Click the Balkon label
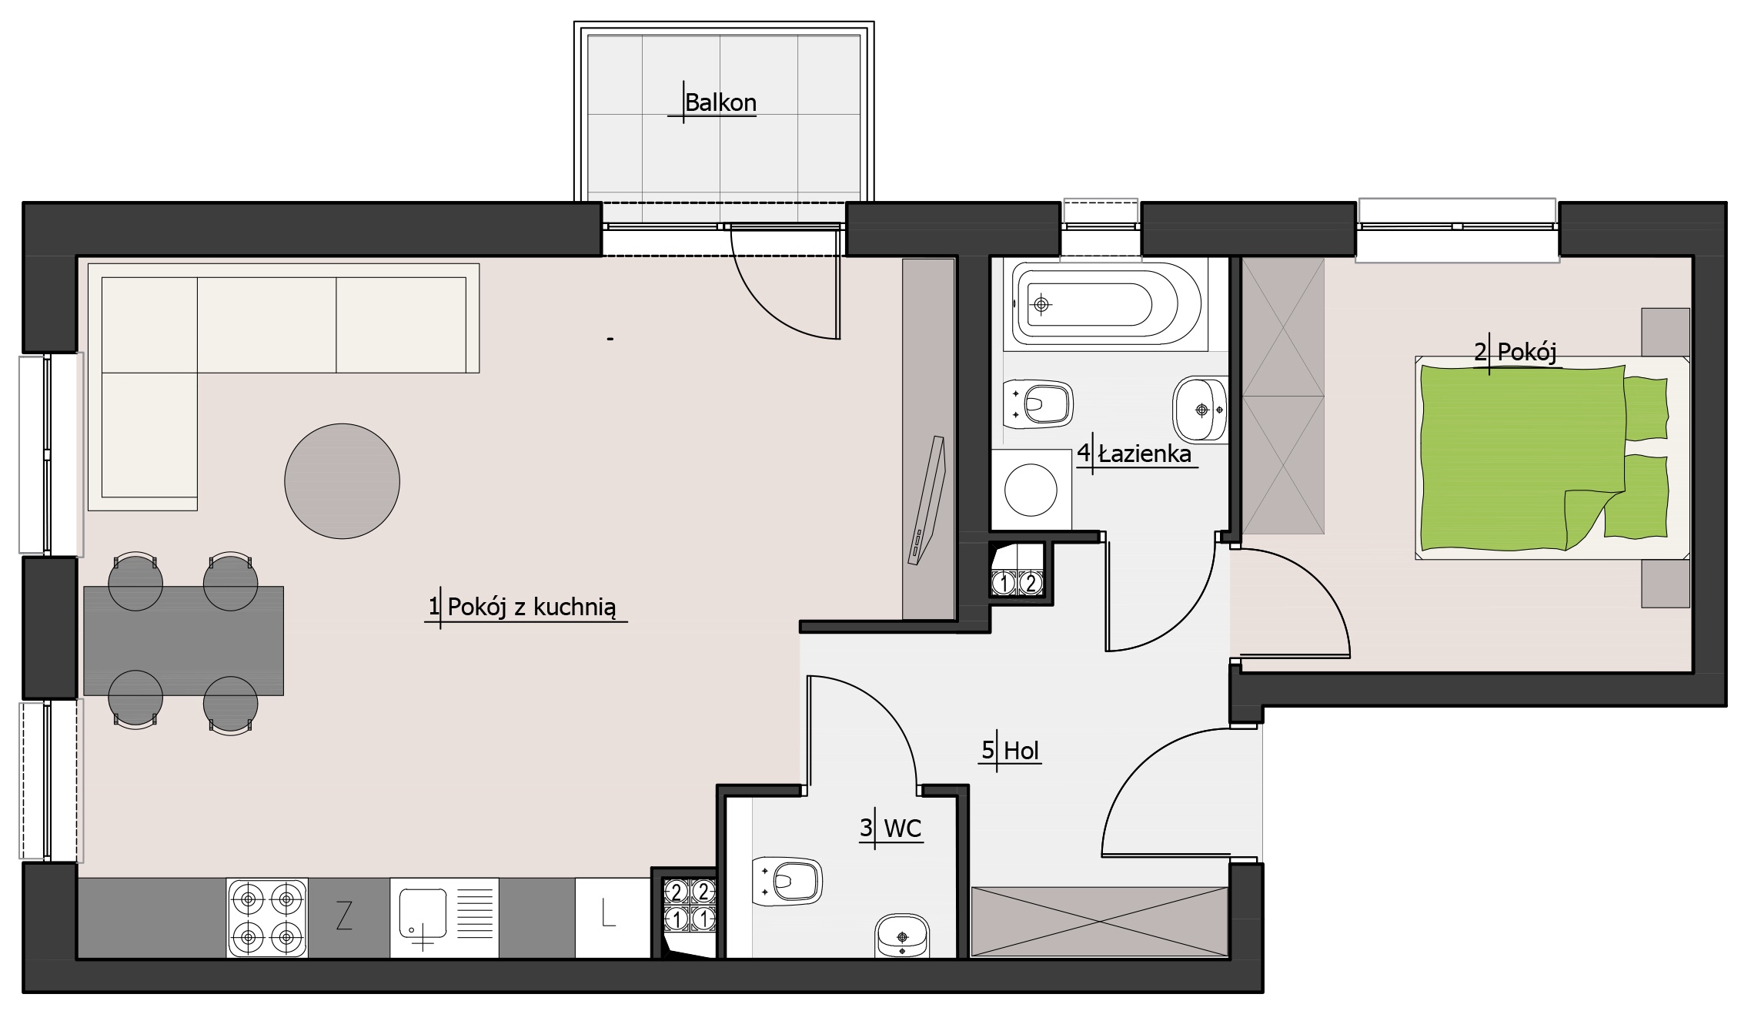click(x=720, y=102)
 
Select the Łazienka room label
click(x=1145, y=454)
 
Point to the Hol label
click(x=1021, y=750)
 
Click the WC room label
click(x=903, y=829)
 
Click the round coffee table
click(x=342, y=480)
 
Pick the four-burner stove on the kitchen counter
click(x=267, y=918)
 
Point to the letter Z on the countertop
click(x=344, y=916)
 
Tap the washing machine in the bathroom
click(x=1031, y=490)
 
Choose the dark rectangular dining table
click(x=183, y=641)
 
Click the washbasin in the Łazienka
click(x=1200, y=410)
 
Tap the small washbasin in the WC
click(x=903, y=936)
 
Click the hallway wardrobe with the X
click(x=1099, y=922)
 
